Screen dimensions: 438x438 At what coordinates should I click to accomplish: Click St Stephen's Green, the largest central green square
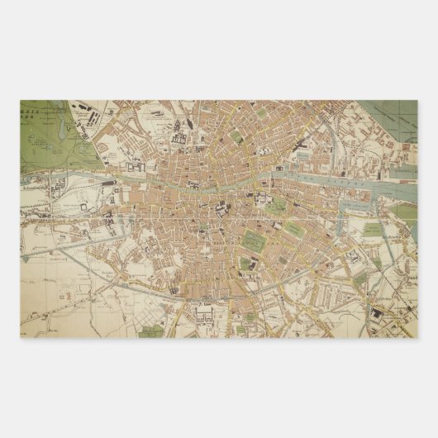point(253,240)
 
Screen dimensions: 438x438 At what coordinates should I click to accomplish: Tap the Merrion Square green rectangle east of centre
point(277,205)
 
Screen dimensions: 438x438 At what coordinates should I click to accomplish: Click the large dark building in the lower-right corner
point(381,313)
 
